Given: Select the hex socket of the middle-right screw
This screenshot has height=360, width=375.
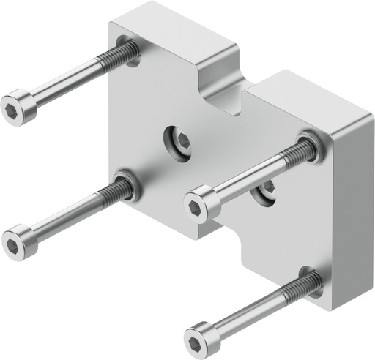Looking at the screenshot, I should click(x=196, y=208).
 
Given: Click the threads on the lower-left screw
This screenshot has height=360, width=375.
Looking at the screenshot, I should click(x=118, y=192).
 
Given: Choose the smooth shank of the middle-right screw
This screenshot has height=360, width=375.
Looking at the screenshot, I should click(x=249, y=180).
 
